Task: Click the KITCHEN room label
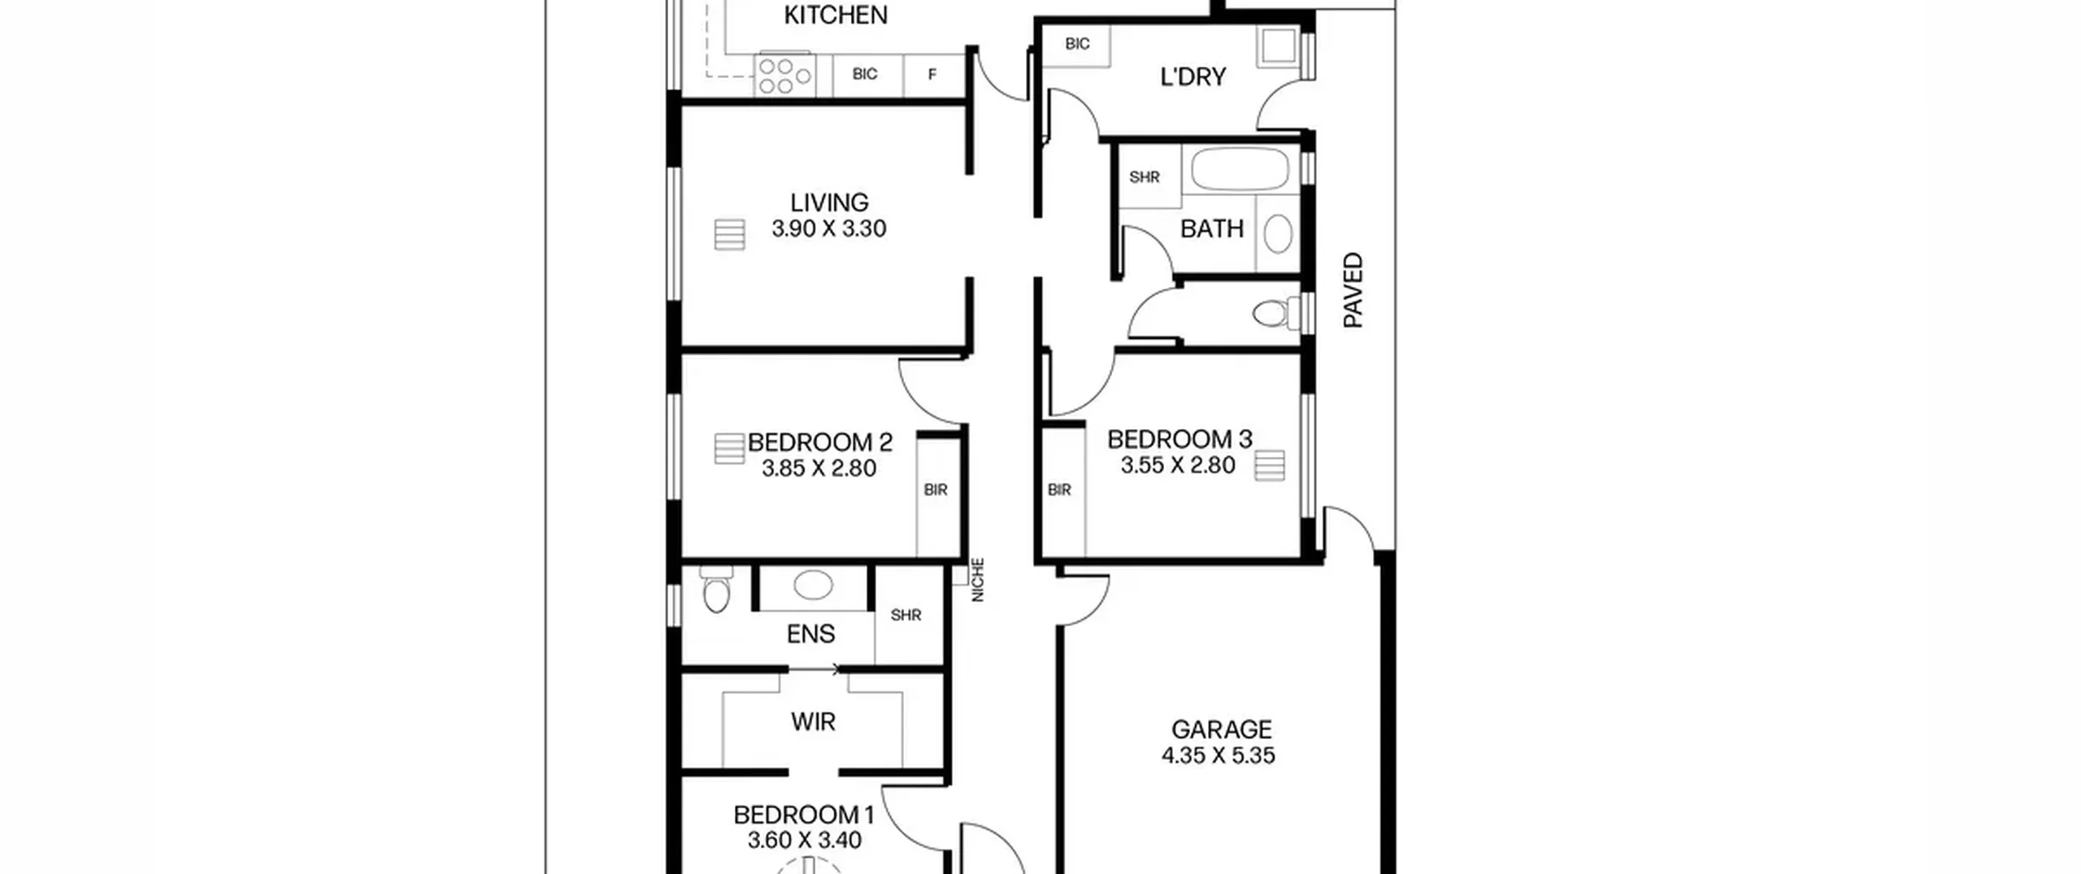(835, 15)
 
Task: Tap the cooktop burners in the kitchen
(785, 75)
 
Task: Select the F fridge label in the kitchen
(932, 75)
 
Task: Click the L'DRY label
(1193, 77)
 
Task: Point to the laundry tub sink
(1276, 47)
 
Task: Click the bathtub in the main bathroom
(1240, 169)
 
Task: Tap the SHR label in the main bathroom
(1145, 177)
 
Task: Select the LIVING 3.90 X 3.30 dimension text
(829, 228)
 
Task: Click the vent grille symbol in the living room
(729, 234)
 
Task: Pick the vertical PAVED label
(1353, 290)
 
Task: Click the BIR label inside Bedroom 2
(936, 490)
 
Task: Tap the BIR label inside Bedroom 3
(1059, 490)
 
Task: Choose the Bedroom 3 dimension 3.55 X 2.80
(1178, 465)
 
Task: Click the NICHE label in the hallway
(978, 580)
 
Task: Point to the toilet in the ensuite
(716, 589)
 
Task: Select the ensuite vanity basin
(813, 585)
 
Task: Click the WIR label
(813, 722)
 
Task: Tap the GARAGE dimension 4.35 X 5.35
(1218, 755)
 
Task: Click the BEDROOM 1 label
(803, 815)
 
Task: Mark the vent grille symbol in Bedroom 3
(1269, 466)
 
